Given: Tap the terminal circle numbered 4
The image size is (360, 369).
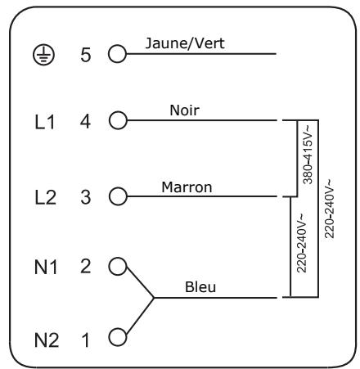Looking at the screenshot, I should (119, 120).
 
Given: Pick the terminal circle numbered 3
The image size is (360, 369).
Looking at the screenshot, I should (119, 196).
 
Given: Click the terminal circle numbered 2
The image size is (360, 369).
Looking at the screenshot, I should (119, 265).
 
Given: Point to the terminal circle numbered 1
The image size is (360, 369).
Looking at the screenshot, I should (119, 335).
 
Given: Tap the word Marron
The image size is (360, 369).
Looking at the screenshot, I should (187, 186).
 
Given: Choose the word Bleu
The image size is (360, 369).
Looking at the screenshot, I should (200, 287).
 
